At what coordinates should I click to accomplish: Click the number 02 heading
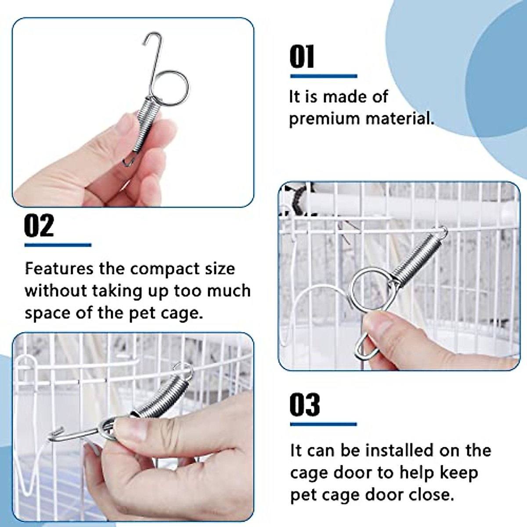(39, 226)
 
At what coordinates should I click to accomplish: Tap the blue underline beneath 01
(324, 76)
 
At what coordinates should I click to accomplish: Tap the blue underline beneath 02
(58, 245)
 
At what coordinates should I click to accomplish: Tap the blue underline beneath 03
(323, 424)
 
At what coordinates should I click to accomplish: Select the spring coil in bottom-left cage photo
(162, 395)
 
